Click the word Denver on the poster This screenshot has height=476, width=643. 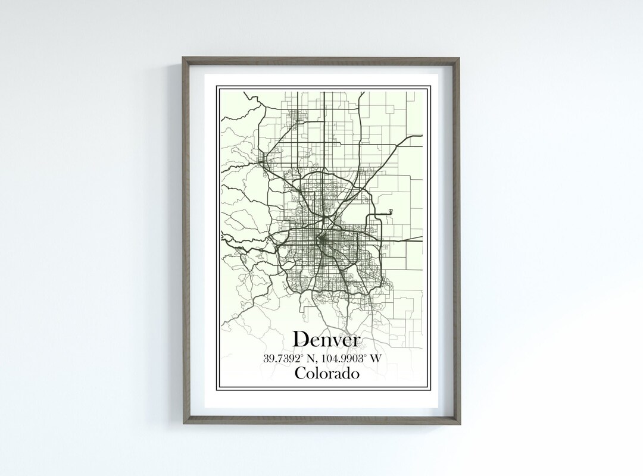coord(327,340)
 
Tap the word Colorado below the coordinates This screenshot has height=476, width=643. coord(327,374)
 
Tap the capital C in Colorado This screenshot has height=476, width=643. coord(299,374)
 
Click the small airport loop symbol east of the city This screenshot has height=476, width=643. coord(390,211)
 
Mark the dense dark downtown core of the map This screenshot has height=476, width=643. coord(322,240)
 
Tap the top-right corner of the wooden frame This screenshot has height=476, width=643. coord(462,59)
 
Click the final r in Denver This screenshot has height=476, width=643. coord(356,342)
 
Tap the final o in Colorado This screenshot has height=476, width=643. coord(355,375)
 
